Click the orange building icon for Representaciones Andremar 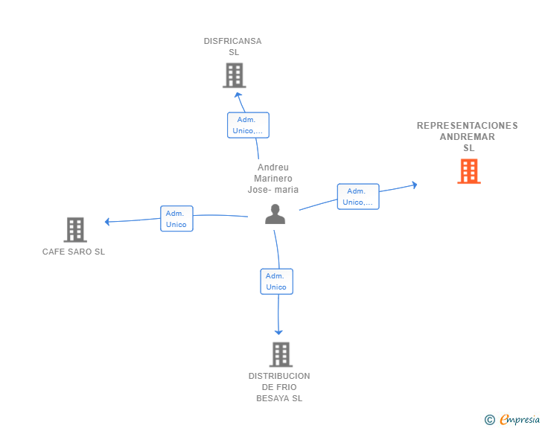point(468,171)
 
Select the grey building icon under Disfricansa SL point(234,75)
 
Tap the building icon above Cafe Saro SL point(74,230)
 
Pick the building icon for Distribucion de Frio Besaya point(280,354)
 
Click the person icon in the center point(275,214)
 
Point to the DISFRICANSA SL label point(233,47)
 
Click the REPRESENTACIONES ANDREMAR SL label point(468,136)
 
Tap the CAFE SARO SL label point(74,252)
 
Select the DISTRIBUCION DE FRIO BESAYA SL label point(279,387)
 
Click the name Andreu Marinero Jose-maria point(273,179)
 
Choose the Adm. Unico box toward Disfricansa point(248,125)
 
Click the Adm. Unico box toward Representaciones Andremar point(358,197)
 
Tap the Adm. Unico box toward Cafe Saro point(176,219)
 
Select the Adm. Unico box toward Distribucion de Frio point(276,281)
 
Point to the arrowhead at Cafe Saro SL point(108,221)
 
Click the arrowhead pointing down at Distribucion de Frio point(279,332)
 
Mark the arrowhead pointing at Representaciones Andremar point(415,184)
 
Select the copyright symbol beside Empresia point(490,420)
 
